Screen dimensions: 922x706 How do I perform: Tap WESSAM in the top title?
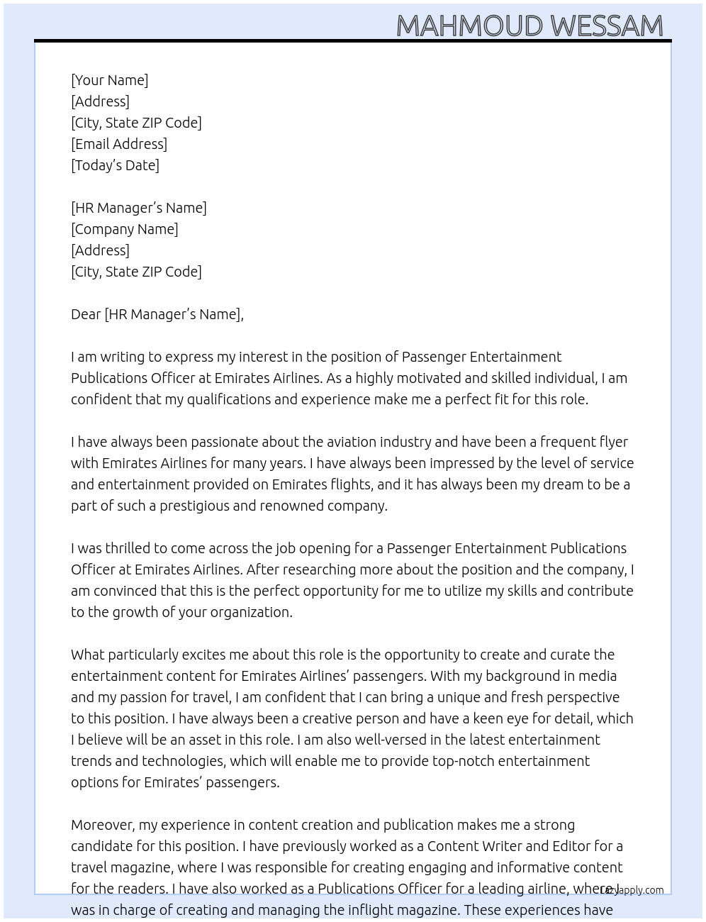[607, 26]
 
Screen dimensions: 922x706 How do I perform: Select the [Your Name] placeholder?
[110, 80]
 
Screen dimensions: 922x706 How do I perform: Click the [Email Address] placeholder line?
[119, 144]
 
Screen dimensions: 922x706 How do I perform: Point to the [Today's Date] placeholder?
[115, 165]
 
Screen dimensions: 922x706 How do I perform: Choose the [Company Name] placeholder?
[125, 229]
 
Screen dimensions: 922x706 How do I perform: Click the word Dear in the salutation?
[86, 314]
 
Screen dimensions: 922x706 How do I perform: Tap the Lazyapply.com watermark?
[632, 890]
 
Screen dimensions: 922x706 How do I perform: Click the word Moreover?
[103, 825]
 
